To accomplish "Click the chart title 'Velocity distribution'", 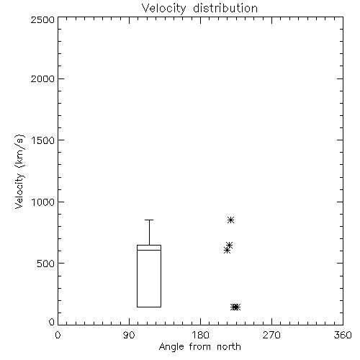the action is click(199, 9).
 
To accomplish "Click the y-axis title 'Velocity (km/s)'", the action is click(19, 171).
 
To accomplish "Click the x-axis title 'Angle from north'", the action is click(199, 347).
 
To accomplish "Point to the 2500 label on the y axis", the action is click(42, 19).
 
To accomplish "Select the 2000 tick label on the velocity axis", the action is click(42, 78).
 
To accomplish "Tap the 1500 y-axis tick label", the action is click(43, 140).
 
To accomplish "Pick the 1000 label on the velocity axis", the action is click(43, 202).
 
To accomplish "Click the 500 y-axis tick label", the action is click(46, 264).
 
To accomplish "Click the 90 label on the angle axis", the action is click(129, 335).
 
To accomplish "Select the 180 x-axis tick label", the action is click(200, 335).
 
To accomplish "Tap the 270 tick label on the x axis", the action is click(271, 335).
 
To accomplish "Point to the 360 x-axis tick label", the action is click(343, 335).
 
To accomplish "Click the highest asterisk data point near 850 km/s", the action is click(230, 220).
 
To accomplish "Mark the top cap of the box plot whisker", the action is click(149, 220).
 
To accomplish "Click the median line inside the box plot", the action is click(149, 250).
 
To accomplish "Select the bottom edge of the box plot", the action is click(149, 307).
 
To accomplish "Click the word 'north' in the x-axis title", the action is click(229, 347).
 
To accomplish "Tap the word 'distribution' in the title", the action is click(225, 9).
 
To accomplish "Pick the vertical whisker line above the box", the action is click(149, 233).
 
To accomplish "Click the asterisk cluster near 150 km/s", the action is click(235, 307).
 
